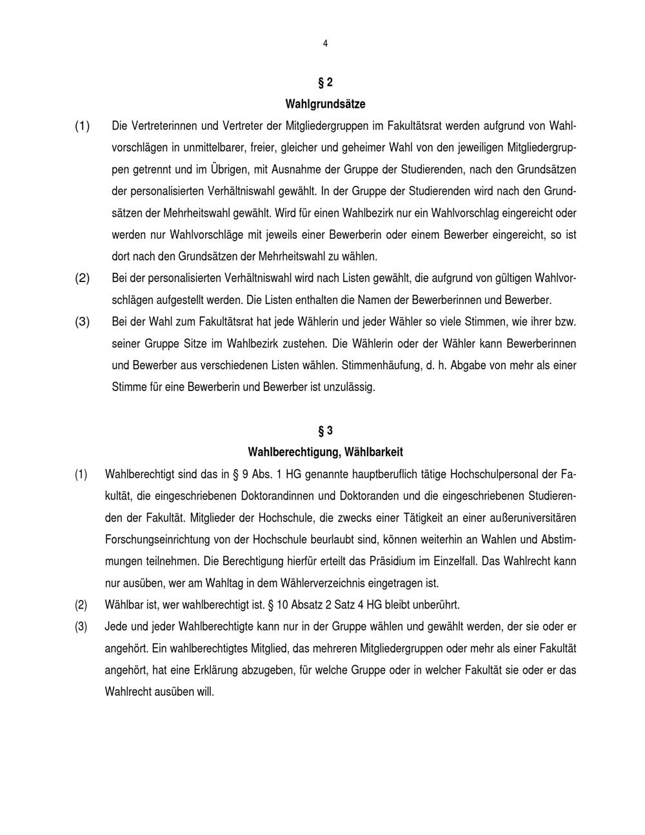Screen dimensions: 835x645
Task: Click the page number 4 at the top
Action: pos(325,44)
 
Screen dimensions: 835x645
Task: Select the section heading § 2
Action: pos(325,83)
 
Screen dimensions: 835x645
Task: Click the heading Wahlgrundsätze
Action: pos(325,104)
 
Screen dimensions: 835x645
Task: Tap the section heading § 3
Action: pos(325,430)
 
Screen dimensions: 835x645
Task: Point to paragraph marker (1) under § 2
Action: pos(82,126)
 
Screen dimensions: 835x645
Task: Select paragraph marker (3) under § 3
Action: pos(81,627)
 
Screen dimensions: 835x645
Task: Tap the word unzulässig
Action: pos(351,387)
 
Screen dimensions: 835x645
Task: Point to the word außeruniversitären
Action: pos(531,518)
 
